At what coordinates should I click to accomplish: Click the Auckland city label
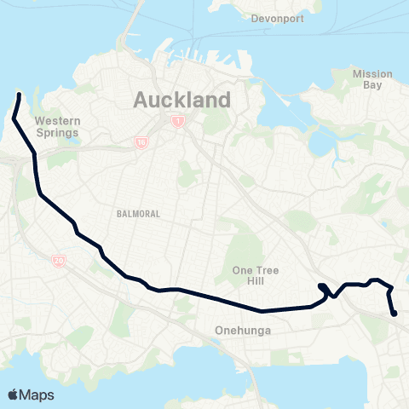click(x=181, y=100)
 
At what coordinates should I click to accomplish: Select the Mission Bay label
click(x=372, y=79)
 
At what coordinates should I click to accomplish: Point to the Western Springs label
click(x=57, y=127)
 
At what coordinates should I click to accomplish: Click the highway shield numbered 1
click(x=176, y=122)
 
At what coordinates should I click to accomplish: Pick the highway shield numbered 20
click(x=59, y=262)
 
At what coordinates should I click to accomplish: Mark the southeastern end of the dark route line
click(x=395, y=314)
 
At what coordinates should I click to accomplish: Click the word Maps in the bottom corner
click(x=38, y=395)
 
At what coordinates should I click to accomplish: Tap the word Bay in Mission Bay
click(x=373, y=85)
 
